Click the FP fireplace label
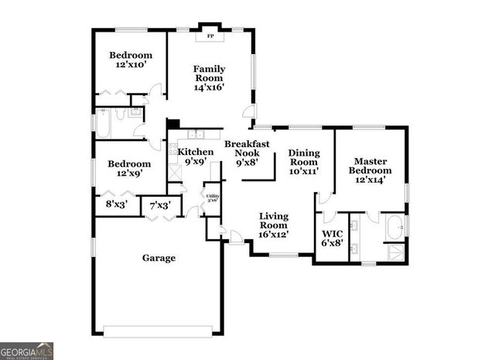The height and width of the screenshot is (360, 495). coord(210,36)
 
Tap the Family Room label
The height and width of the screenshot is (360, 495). coord(209,73)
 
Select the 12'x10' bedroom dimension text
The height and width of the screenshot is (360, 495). coord(130,66)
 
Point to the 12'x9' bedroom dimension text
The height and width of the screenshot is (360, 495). coord(129,175)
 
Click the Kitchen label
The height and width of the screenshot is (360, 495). coord(195,152)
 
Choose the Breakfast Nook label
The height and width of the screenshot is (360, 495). coord(247,148)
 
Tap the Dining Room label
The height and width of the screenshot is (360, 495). coord(304,157)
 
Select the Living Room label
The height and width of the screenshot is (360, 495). coord(274,221)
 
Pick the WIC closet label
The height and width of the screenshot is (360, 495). coord(331,233)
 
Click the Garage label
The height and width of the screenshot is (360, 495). coord(158,258)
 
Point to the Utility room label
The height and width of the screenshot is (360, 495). coord(212,197)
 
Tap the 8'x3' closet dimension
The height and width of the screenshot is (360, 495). coord(118,205)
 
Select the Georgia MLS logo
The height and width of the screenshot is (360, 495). coord(27,351)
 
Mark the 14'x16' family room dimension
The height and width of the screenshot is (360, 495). coord(209,87)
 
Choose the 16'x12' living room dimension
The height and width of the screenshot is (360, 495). coord(274,234)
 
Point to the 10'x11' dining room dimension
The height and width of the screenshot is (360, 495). coord(304,172)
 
